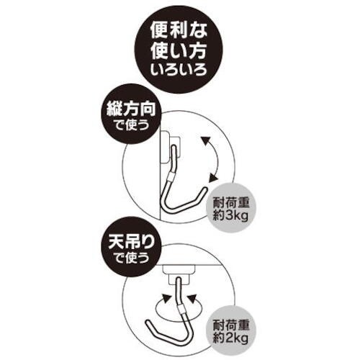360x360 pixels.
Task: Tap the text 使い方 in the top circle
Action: tap(179, 51)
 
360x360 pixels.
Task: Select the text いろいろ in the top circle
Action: tap(179, 70)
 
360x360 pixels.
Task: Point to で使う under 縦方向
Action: tap(131, 125)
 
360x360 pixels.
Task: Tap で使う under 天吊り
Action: tap(131, 258)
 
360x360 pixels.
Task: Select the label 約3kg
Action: tap(230, 217)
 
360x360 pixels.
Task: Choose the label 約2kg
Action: tap(230, 338)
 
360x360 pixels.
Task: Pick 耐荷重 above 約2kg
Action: tap(231, 326)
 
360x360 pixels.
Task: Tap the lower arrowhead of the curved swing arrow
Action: tap(213, 178)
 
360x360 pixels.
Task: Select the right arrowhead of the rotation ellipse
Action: tap(192, 299)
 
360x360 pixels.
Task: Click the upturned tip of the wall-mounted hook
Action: tap(204, 190)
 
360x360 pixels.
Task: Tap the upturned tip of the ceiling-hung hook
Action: tap(148, 323)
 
